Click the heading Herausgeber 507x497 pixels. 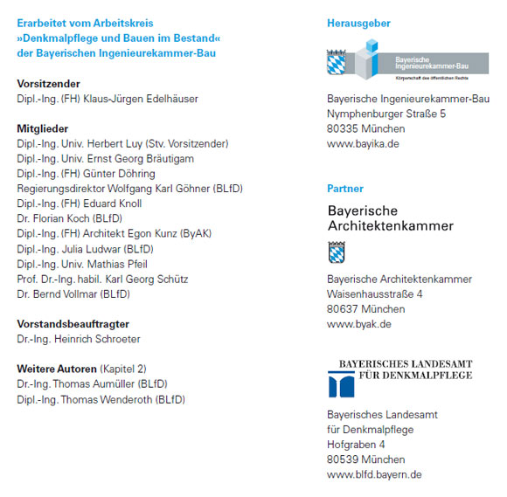coord(358,24)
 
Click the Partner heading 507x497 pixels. coord(345,189)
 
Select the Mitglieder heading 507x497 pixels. coord(43,128)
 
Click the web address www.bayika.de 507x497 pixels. coord(363,143)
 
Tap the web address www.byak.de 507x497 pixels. coord(358,324)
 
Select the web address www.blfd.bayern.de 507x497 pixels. coord(374,474)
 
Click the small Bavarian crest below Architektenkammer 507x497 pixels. coord(337,252)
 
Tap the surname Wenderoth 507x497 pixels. coord(122,400)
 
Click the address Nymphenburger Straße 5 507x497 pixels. coord(386,114)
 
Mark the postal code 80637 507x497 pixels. coord(342,309)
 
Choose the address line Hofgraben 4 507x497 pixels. coord(356,445)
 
